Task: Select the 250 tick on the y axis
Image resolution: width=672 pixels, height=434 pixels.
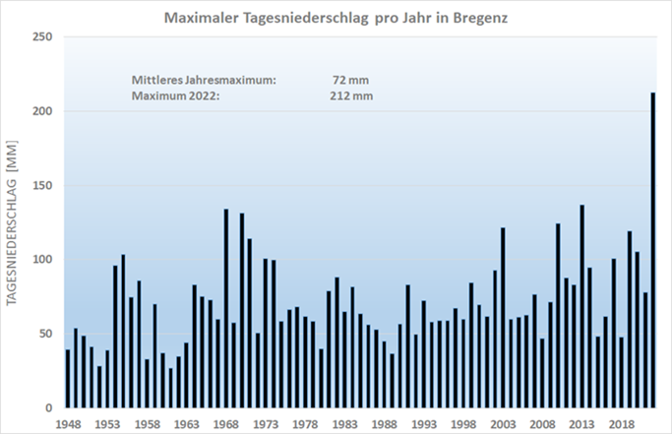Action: [44, 37]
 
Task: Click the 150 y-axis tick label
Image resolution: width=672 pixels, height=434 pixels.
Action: [44, 185]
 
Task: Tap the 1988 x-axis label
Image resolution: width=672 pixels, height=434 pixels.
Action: [385, 423]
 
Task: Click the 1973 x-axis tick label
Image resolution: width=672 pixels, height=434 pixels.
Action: [266, 423]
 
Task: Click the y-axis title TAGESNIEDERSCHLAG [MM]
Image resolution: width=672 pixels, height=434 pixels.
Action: [14, 222]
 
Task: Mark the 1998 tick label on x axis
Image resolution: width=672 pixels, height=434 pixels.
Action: [463, 423]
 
